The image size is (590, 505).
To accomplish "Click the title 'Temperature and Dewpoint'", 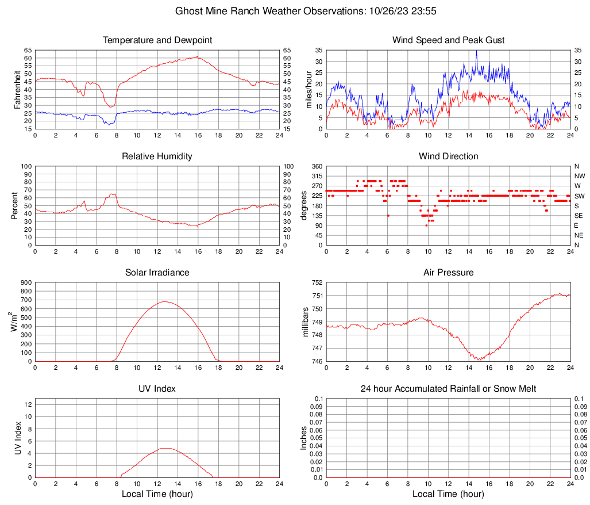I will click(x=157, y=40).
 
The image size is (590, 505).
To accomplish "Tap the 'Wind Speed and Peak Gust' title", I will click(x=448, y=40).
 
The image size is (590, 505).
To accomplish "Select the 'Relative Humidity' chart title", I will click(x=157, y=156).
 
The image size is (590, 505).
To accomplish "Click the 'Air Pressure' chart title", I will click(x=448, y=273).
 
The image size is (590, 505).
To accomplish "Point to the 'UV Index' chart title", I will click(x=157, y=389).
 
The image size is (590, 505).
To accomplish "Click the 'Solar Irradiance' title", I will click(x=157, y=273).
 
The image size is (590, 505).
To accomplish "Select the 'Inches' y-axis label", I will click(x=304, y=438).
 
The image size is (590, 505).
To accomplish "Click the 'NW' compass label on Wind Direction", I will click(x=580, y=176).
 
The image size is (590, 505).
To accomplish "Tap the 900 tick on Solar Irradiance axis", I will click(x=26, y=282).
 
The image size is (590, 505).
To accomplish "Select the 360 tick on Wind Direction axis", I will click(x=317, y=166).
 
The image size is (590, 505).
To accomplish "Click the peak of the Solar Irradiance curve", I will click(x=165, y=301).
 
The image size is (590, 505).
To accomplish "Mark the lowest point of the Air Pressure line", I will click(x=478, y=359).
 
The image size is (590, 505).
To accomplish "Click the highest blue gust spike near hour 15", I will click(x=476, y=51).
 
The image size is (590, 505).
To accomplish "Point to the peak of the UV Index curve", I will click(x=165, y=448).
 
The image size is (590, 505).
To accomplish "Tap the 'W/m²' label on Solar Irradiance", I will click(x=14, y=322).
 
